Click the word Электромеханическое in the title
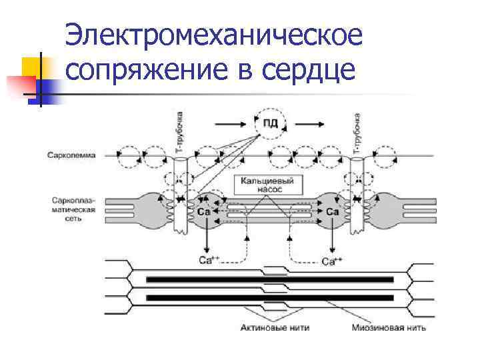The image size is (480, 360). click(215, 35)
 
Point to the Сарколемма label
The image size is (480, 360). click(71, 155)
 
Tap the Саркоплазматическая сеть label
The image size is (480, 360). click(74, 208)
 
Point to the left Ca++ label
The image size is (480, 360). click(209, 261)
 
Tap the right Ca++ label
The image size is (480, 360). click(332, 261)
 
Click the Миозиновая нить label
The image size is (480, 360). click(389, 328)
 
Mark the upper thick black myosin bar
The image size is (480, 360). click(270, 279)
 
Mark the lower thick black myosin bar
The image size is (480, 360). click(270, 297)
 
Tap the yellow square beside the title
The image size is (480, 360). click(31, 67)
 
